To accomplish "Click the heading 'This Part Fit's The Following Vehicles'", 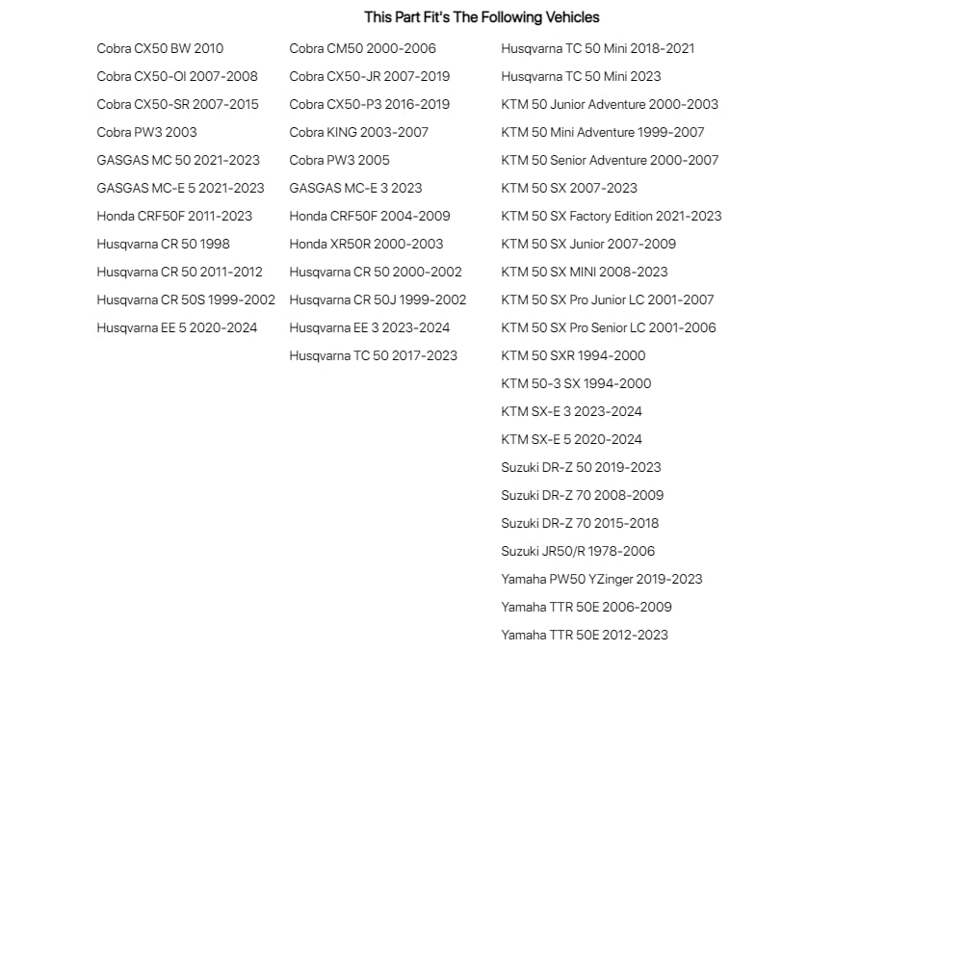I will click(x=482, y=17).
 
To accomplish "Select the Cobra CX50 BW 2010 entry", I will click(x=160, y=48).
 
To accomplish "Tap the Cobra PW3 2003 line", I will click(x=146, y=132).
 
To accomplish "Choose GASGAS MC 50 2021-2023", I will click(x=178, y=160).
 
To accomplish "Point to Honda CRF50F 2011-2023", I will click(x=174, y=216).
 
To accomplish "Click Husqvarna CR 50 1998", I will click(x=163, y=244).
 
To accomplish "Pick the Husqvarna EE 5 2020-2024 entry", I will click(x=177, y=327).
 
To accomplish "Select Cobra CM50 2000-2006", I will click(x=362, y=48).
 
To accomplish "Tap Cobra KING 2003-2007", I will click(x=358, y=132).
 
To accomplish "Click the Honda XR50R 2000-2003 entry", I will click(x=366, y=244).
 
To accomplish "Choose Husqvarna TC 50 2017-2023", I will click(x=373, y=355).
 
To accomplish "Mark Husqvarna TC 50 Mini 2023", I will click(x=581, y=76).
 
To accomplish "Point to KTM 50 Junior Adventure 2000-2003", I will click(x=610, y=104).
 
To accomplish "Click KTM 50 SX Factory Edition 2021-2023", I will click(x=611, y=216).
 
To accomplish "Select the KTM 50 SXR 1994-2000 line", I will click(x=573, y=355).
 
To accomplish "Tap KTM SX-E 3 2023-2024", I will click(x=571, y=411).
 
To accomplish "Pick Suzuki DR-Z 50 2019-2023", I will click(x=581, y=467).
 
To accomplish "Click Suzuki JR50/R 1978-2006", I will click(x=578, y=551).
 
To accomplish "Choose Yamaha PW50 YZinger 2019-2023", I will click(x=602, y=579).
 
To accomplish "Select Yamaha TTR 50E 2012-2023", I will click(x=585, y=635).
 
